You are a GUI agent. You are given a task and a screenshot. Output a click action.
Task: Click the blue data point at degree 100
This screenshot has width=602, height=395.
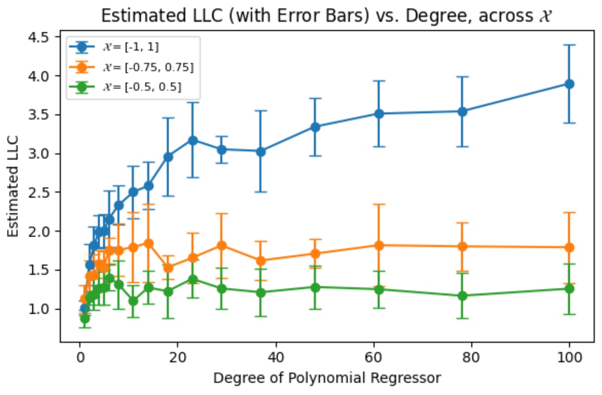pyautogui.click(x=569, y=84)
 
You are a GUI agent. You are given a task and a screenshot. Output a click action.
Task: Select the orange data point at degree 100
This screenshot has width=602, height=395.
pyautogui.click(x=569, y=247)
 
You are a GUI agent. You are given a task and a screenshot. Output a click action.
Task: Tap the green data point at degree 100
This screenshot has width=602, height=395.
pyautogui.click(x=569, y=288)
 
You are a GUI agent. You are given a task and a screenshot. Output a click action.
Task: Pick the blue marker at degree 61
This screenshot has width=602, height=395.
pyautogui.click(x=379, y=114)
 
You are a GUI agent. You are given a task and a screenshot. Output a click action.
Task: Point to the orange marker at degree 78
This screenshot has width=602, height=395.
pyautogui.click(x=462, y=246)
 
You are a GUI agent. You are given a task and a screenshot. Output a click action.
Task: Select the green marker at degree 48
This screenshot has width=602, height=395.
pyautogui.click(x=315, y=287)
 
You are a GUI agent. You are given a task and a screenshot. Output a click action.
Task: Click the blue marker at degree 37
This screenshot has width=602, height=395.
pyautogui.click(x=261, y=151)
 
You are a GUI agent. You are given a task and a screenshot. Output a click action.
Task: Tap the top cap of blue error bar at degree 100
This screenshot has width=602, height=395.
pyautogui.click(x=569, y=45)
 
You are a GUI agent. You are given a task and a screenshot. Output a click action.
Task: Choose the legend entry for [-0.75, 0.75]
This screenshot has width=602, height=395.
pyautogui.click(x=149, y=67)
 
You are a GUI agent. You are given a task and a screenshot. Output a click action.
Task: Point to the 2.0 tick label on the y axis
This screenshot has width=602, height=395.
pyautogui.click(x=44, y=231)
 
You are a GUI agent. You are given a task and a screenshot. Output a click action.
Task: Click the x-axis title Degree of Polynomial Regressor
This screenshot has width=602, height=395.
pyautogui.click(x=327, y=379)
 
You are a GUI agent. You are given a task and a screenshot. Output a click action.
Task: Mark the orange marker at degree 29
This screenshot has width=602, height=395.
pyautogui.click(x=222, y=245)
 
